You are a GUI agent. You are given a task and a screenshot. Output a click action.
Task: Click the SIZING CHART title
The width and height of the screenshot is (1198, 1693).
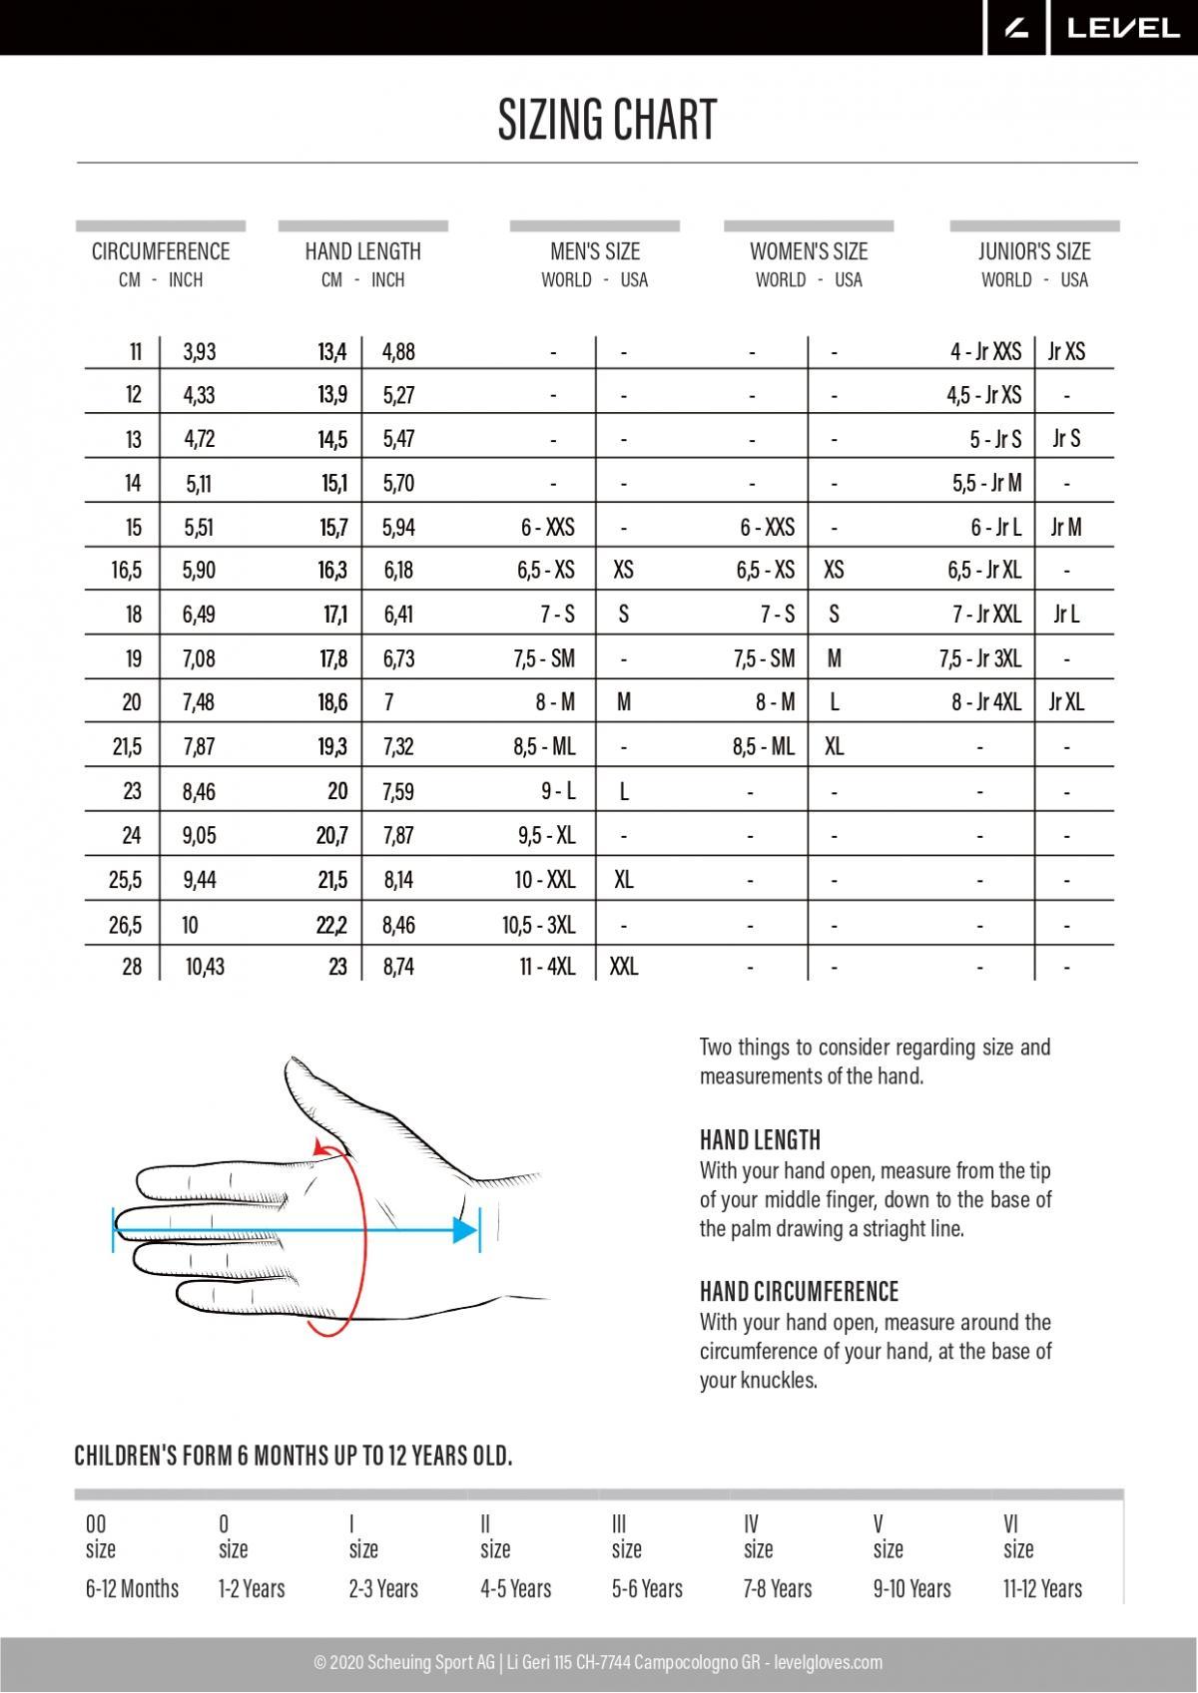[607, 121]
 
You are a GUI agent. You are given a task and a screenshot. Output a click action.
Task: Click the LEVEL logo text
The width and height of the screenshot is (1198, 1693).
[1123, 29]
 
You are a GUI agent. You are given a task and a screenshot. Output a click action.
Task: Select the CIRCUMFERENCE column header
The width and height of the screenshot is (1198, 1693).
[161, 251]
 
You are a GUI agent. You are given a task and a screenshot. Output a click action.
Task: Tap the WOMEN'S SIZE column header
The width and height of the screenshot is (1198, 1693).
[809, 251]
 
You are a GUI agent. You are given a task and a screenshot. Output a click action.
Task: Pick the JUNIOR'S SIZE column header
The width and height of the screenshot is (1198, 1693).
[1034, 251]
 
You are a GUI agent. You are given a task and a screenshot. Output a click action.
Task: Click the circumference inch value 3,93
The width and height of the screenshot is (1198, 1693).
[200, 351]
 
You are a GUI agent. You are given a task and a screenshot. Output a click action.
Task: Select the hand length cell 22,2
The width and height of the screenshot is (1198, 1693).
[331, 925]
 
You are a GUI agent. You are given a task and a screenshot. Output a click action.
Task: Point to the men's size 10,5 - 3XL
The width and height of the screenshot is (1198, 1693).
[539, 925]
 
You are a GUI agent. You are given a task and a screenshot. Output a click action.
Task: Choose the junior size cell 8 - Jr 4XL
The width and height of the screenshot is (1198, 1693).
[986, 702]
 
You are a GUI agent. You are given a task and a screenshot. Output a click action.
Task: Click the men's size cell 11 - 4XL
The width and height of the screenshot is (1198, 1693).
[547, 967]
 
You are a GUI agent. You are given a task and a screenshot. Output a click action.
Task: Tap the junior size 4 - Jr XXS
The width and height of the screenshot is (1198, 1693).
[985, 351]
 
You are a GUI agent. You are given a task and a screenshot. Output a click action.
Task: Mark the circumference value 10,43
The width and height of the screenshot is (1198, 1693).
[205, 967]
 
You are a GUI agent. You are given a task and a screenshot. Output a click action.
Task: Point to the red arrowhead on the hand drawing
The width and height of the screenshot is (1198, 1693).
[321, 1149]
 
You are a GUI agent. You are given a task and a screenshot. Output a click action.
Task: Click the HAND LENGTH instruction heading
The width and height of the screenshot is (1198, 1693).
[760, 1140]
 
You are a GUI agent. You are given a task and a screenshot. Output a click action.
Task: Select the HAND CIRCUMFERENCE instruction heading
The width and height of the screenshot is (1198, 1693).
[799, 1292]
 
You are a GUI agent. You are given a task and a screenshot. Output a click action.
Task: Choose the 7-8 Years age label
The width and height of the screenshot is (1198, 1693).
[778, 1588]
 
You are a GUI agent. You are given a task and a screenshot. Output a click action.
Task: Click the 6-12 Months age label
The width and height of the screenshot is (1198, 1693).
[132, 1588]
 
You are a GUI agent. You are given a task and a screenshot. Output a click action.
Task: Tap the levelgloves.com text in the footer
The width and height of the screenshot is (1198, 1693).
[829, 1662]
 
